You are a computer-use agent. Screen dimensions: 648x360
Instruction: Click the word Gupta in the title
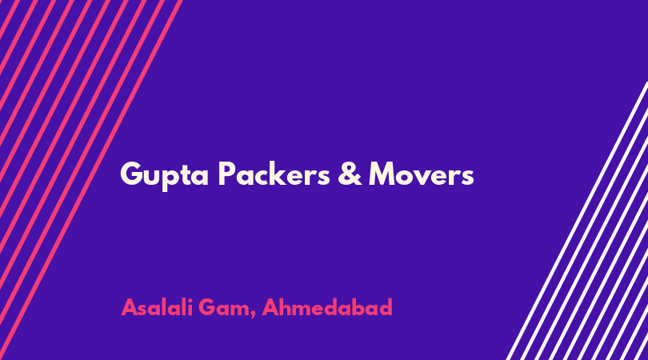165,176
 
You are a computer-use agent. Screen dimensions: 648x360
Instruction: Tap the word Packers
274,173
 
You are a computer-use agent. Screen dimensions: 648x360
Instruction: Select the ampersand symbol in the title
350,174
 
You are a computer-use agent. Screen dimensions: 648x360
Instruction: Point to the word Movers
421,174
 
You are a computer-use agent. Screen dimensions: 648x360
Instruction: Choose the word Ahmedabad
327,307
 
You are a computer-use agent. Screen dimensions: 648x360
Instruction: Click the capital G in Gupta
132,174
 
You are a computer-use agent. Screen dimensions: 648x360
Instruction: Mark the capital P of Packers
226,174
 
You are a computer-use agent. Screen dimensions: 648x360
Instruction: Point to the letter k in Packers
285,173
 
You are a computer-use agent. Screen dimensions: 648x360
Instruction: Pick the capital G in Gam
207,307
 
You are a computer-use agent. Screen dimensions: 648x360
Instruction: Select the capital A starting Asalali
129,307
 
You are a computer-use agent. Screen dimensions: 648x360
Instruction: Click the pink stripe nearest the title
90,180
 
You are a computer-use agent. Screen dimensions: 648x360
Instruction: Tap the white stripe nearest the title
576,222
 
